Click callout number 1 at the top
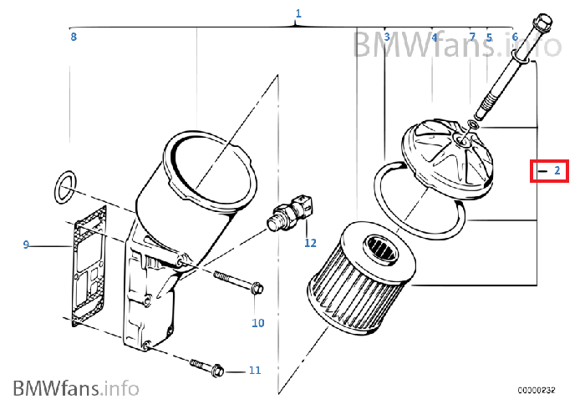pos(298,14)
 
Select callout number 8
pos(74,37)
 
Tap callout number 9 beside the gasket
pos(26,245)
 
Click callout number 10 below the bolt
pos(257,322)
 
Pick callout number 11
pos(255,371)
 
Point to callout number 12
pos(310,243)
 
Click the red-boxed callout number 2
pos(557,170)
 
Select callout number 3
pos(387,37)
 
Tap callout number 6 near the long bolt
pos(515,37)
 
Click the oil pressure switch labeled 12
pos(290,212)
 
